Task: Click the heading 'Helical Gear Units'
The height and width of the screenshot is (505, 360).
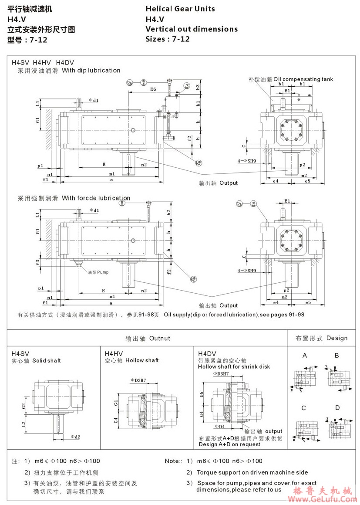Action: pyautogui.click(x=180, y=9)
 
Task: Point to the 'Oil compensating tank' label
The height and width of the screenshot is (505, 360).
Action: pyautogui.click(x=303, y=79)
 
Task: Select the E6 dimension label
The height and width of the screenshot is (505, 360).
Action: pyautogui.click(x=153, y=89)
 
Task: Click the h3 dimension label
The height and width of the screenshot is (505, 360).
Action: pyautogui.click(x=198, y=87)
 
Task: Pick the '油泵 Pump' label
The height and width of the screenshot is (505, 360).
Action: pyautogui.click(x=98, y=272)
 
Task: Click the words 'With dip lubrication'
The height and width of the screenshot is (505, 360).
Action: pyautogui.click(x=91, y=70)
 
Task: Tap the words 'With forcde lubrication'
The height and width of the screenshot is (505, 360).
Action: pyautogui.click(x=96, y=198)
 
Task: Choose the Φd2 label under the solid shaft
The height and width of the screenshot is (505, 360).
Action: pyautogui.click(x=75, y=436)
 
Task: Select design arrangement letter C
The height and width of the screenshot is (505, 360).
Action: pyautogui.click(x=303, y=408)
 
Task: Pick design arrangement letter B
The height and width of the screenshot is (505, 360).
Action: pyautogui.click(x=336, y=356)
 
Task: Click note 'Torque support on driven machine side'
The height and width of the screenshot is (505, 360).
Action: pyautogui.click(x=252, y=472)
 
